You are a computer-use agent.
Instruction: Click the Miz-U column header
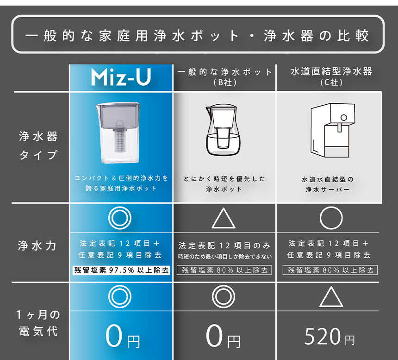click(121, 78)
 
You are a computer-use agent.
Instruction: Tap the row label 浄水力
click(37, 246)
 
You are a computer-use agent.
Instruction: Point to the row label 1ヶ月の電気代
click(37, 323)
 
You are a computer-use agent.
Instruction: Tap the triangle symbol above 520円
click(331, 297)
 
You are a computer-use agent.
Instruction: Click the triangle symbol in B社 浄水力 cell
click(224, 218)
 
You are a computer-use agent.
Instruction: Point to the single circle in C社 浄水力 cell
click(331, 219)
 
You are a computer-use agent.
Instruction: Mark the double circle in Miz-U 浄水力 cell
click(120, 218)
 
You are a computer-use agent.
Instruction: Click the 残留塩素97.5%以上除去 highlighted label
click(121, 270)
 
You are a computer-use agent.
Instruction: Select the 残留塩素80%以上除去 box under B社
click(224, 270)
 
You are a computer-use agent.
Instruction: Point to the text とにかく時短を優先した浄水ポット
click(224, 183)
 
